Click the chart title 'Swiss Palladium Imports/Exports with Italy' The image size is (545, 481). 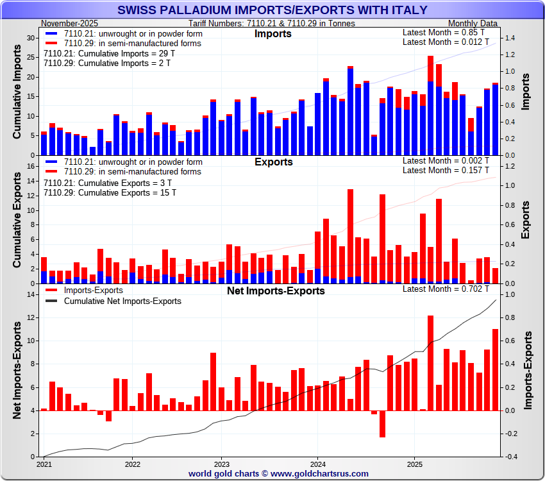tap(272, 10)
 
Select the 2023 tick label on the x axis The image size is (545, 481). tap(221, 463)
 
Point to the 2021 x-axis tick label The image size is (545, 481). tap(44, 463)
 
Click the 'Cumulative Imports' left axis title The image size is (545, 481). tap(18, 96)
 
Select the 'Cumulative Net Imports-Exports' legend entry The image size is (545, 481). tap(122, 301)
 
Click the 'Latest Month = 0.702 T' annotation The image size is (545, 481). tap(445, 289)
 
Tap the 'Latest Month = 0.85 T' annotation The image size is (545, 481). tap(445, 32)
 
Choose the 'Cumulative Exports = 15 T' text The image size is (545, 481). tap(110, 192)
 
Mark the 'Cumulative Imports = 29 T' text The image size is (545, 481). tap(109, 53)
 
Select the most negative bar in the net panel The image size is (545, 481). tap(382, 424)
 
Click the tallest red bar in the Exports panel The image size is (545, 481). tap(350, 236)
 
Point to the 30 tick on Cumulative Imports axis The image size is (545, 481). tap(31, 38)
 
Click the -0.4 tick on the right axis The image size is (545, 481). tap(512, 457)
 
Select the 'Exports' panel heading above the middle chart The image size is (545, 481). tap(274, 162)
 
